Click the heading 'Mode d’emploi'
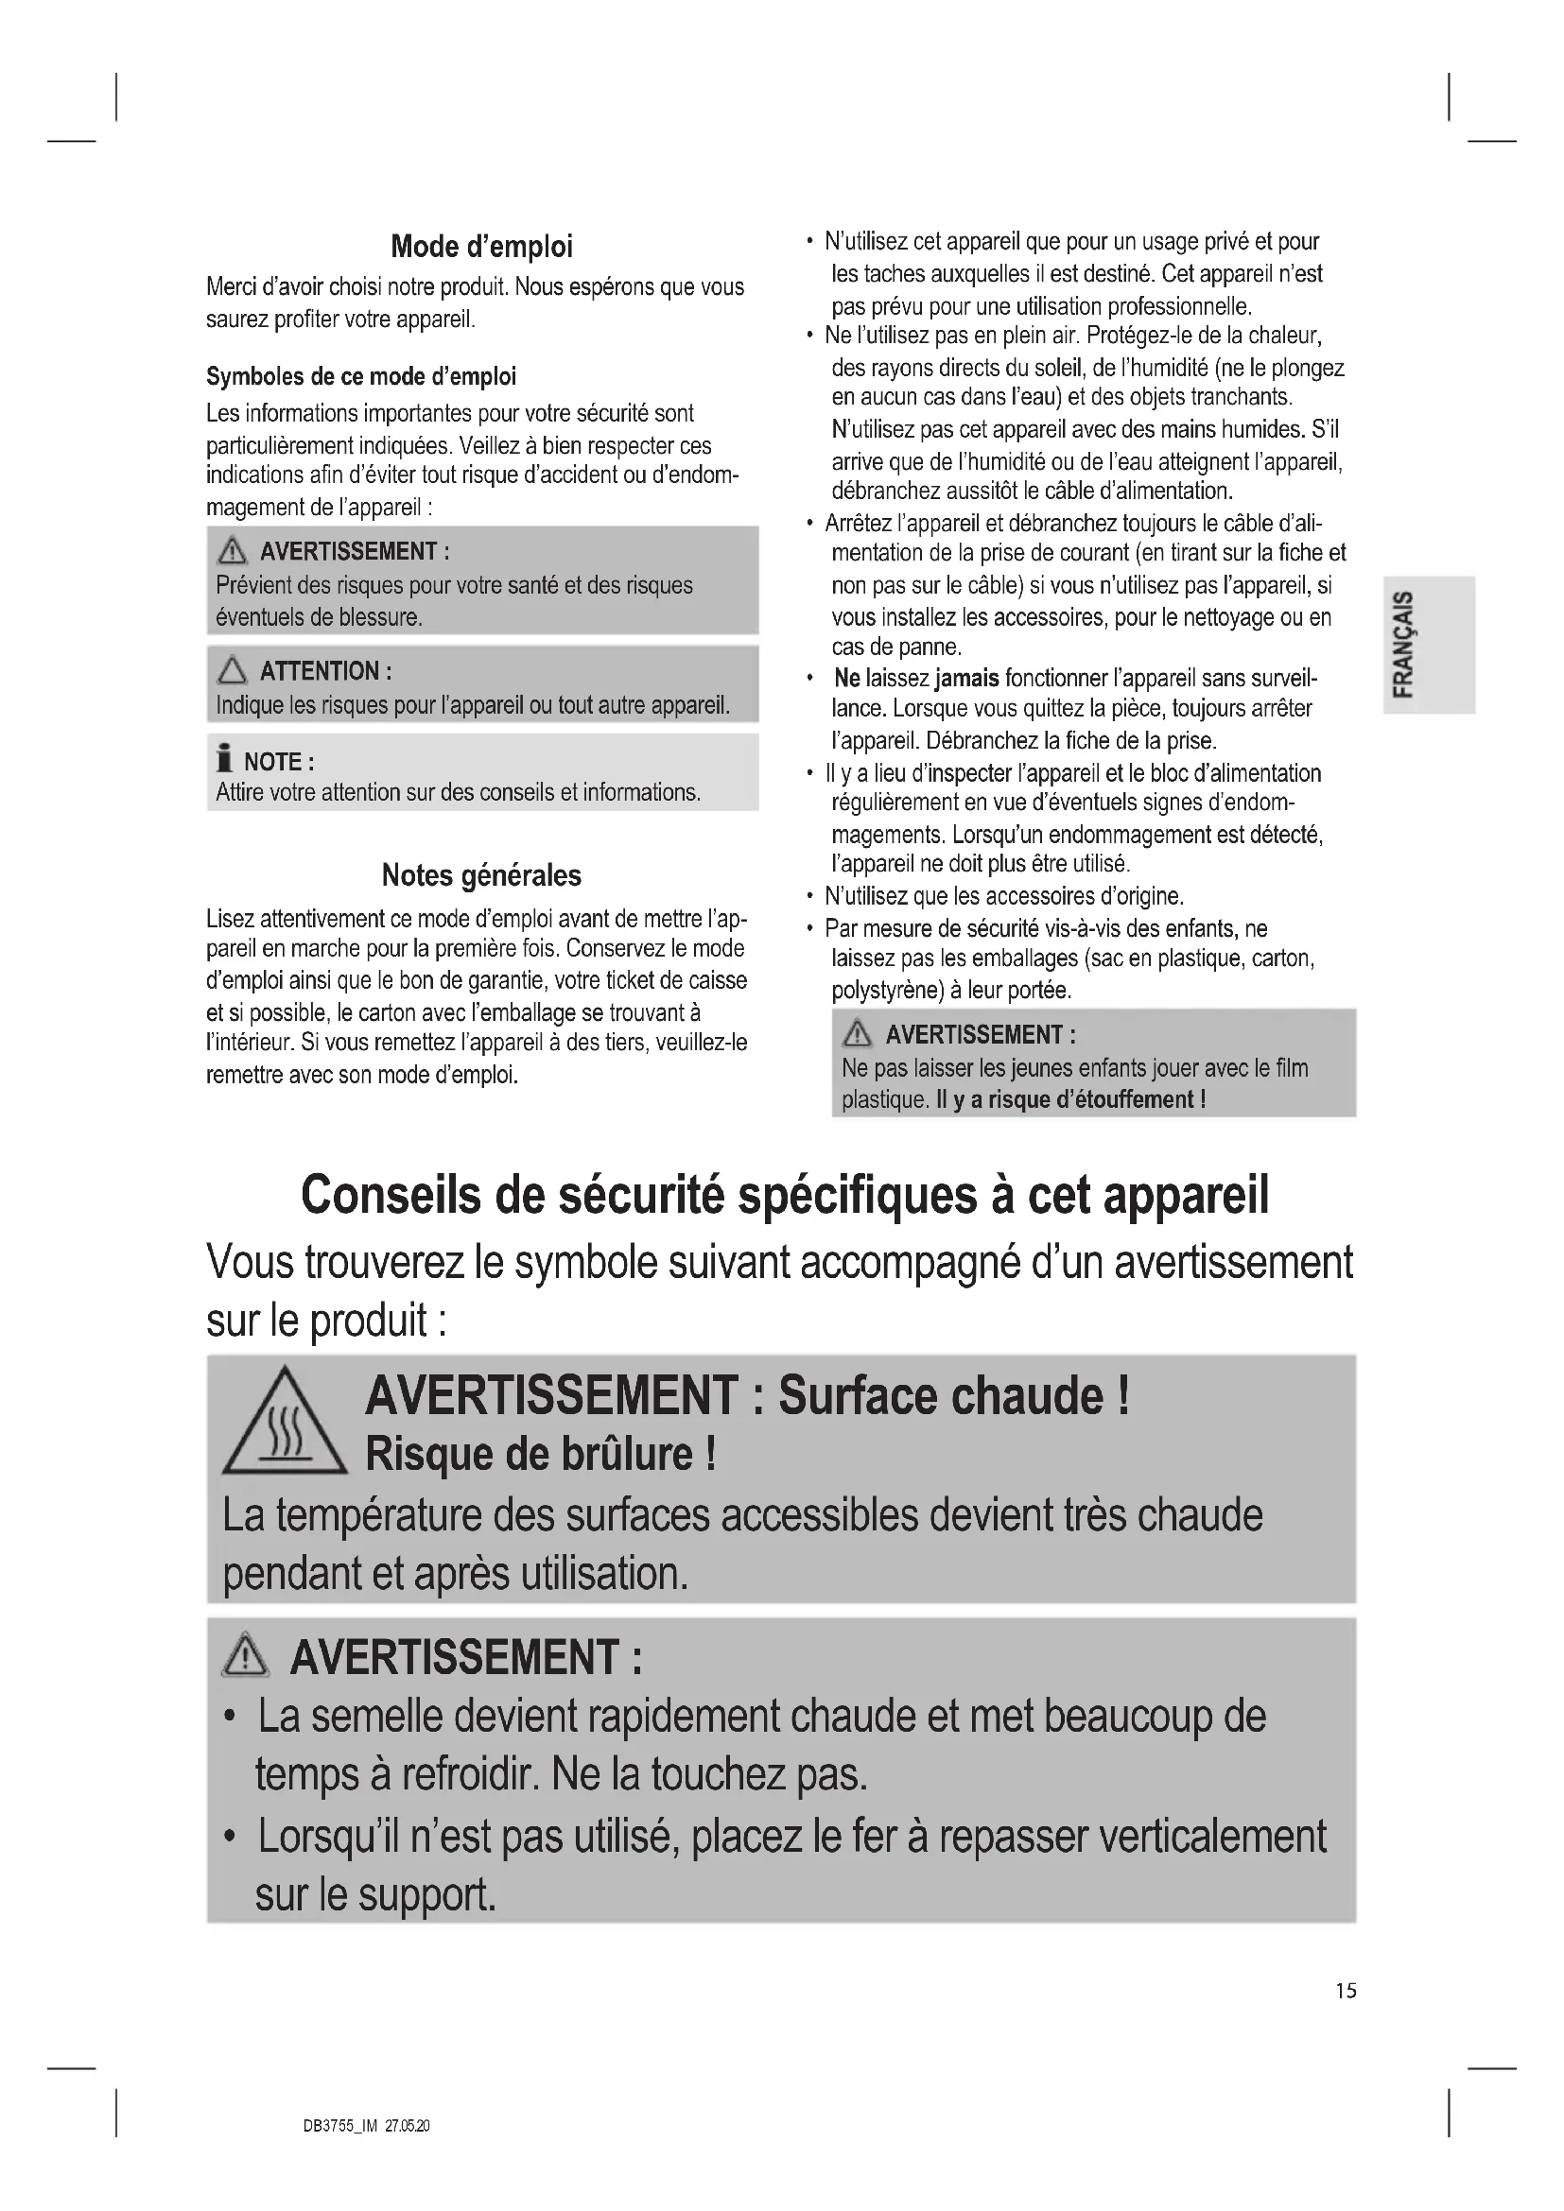481,247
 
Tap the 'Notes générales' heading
481,875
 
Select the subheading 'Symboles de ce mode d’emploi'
361,376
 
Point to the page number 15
1346,1991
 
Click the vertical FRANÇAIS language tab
1405,645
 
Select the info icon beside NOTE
224,759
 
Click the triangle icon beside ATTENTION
232,670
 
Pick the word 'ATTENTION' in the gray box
320,671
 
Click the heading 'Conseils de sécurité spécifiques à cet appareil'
785,1196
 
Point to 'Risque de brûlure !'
540,1454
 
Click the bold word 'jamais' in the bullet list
966,679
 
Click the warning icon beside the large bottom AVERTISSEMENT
246,1656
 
